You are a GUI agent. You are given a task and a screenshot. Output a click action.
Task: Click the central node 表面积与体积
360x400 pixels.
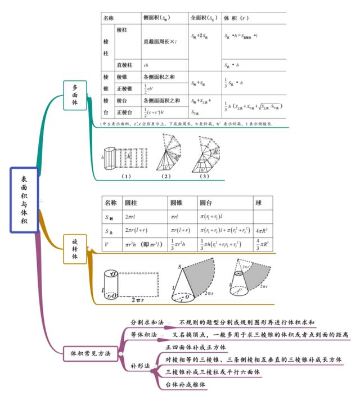[x=24, y=200]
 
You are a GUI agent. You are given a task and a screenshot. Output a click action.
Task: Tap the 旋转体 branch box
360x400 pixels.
[x=75, y=248]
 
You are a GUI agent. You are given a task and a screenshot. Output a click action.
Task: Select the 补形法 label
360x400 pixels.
[x=140, y=365]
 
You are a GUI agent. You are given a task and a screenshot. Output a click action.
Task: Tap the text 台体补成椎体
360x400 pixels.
[x=186, y=385]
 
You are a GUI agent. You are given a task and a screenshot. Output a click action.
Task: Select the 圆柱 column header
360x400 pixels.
[x=131, y=203]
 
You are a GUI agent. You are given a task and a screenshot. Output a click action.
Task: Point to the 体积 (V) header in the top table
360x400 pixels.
[x=237, y=18]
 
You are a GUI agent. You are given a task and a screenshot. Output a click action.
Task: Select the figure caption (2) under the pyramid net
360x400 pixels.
[x=165, y=176]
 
